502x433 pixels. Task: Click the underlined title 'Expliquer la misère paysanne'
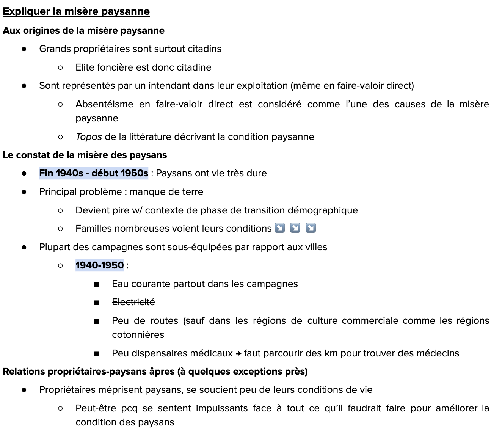click(x=76, y=11)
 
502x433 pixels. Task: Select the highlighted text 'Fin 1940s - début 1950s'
click(x=93, y=173)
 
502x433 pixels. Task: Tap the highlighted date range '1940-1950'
click(x=99, y=265)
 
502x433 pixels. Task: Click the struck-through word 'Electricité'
click(x=133, y=302)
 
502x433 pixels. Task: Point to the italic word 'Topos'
click(x=89, y=137)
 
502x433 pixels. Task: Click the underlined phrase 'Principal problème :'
click(x=83, y=192)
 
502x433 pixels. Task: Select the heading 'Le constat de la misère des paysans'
click(x=85, y=155)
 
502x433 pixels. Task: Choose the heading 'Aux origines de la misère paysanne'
click(x=83, y=31)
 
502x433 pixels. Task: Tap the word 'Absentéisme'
click(x=104, y=104)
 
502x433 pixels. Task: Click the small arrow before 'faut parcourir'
click(x=238, y=354)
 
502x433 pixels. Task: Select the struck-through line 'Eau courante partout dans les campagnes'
click(x=205, y=284)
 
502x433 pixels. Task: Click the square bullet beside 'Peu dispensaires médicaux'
click(x=97, y=354)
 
